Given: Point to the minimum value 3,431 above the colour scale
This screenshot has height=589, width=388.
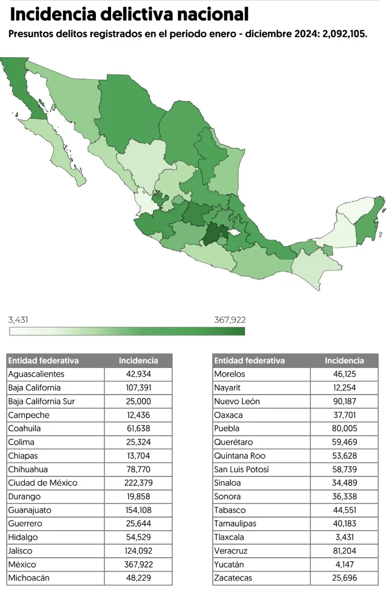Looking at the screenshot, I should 18,320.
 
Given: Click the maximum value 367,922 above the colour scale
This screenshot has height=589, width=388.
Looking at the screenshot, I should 229,320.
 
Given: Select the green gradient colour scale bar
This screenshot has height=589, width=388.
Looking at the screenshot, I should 127,331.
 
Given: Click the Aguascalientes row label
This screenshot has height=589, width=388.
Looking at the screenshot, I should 37,374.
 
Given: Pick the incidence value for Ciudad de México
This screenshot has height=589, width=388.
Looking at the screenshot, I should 138,483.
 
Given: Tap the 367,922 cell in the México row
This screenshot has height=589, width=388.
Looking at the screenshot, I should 138,564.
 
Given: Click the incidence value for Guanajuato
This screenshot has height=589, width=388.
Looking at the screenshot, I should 138,510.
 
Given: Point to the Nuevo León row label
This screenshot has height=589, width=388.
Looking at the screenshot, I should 237,401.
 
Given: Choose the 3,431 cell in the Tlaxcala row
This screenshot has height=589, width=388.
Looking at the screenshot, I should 344,537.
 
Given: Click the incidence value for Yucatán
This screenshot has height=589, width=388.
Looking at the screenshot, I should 344,564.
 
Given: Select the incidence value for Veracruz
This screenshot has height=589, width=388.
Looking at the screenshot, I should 344,550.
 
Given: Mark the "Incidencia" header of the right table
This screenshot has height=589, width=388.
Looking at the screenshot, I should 344,361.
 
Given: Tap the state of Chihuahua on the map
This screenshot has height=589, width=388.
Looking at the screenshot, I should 128,109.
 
